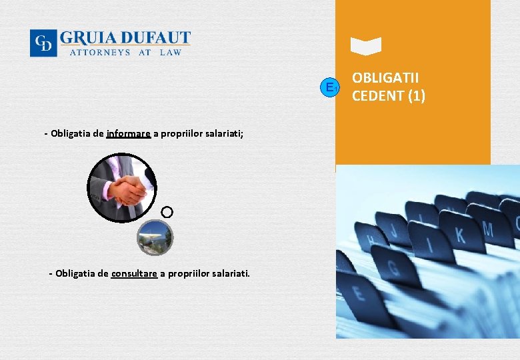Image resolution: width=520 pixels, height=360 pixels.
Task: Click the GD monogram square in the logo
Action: pyautogui.click(x=43, y=43)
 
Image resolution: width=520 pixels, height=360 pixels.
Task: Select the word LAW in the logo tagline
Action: pyautogui.click(x=171, y=52)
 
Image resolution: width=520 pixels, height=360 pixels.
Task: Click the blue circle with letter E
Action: pyautogui.click(x=329, y=87)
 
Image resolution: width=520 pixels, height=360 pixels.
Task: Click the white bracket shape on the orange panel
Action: pyautogui.click(x=366, y=46)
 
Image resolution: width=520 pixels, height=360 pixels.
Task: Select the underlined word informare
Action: pyautogui.click(x=128, y=133)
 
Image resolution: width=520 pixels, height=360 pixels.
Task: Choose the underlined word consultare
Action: pyautogui.click(x=134, y=273)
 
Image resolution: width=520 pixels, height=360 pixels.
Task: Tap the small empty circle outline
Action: pyautogui.click(x=167, y=212)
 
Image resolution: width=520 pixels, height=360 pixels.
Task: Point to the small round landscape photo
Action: pyautogui.click(x=155, y=237)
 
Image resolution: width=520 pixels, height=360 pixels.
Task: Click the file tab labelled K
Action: pyautogui.click(x=459, y=235)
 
